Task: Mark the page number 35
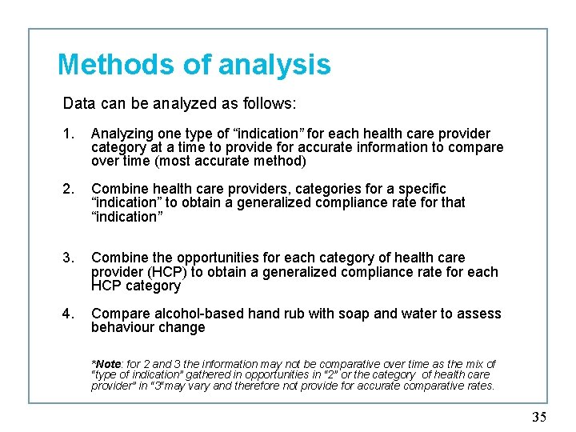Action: click(539, 417)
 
